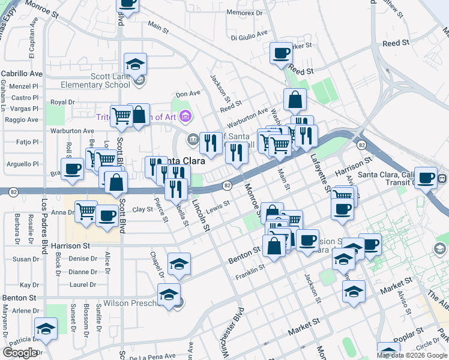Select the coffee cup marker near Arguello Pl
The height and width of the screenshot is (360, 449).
pyautogui.click(x=73, y=169)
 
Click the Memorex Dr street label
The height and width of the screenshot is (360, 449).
pyautogui.click(x=246, y=12)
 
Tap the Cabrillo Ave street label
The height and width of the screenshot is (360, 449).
pyautogui.click(x=22, y=73)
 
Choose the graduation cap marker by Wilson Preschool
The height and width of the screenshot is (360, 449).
pyautogui.click(x=169, y=295)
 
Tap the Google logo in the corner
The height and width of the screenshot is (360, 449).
pyautogui.click(x=20, y=353)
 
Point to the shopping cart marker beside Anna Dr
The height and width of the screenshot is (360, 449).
pyautogui.click(x=86, y=211)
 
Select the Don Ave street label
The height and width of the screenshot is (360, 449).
pyautogui.click(x=187, y=94)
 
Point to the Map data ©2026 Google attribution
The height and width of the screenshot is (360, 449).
pyautogui.click(x=412, y=355)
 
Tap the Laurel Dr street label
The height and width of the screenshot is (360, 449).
pyautogui.click(x=96, y=285)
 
